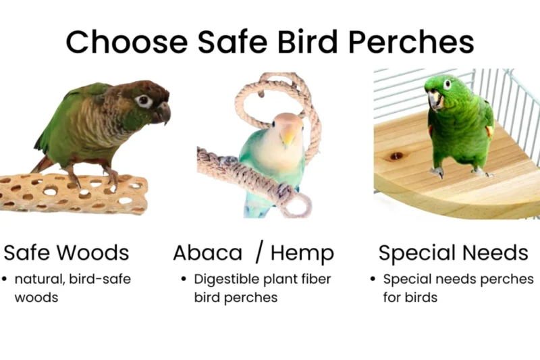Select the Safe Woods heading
[66, 253]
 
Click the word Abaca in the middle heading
[208, 253]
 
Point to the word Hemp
[302, 253]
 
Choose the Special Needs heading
[453, 253]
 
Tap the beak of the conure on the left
[162, 113]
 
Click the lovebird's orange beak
[288, 137]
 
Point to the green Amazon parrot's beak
[434, 99]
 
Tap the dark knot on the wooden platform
[396, 156]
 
